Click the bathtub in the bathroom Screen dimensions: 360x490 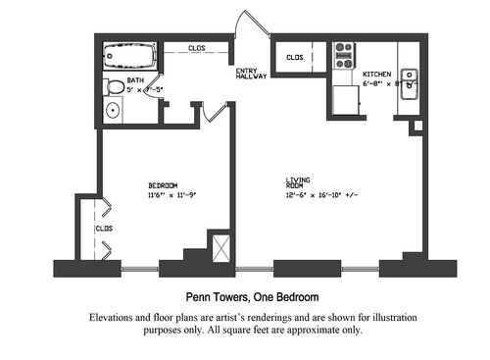(130, 53)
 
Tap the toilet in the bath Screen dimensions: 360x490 (114, 86)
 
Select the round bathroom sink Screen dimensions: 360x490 (114, 110)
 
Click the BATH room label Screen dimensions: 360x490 (135, 81)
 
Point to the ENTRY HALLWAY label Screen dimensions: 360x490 (249, 74)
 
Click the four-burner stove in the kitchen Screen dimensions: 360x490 (344, 53)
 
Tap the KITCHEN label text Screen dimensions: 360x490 (378, 75)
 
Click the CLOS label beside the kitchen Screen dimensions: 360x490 (295, 58)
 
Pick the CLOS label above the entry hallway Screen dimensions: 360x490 (196, 46)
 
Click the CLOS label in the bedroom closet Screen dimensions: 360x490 (104, 229)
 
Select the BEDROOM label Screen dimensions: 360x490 (163, 185)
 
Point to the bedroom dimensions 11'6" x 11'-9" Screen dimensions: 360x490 (172, 194)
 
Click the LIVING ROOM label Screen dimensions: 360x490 (298, 182)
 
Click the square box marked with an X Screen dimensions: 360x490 (220, 246)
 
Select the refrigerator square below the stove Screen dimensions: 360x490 (346, 99)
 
